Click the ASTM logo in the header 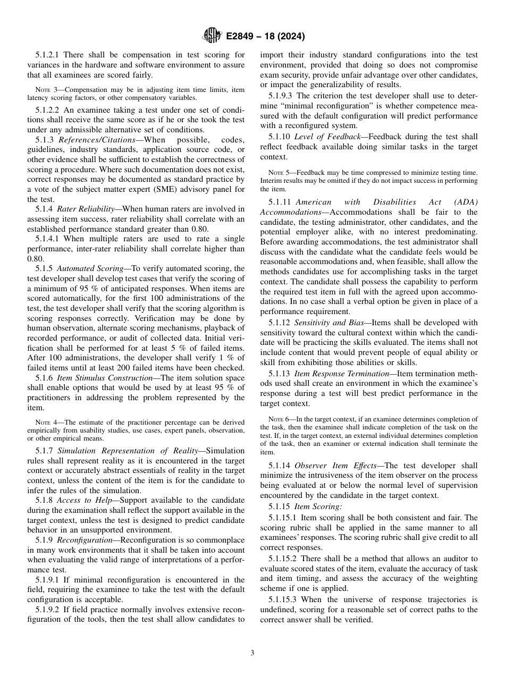tap(213, 37)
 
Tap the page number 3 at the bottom tap(252, 653)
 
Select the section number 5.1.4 tap(44, 209)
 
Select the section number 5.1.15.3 tap(282, 599)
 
